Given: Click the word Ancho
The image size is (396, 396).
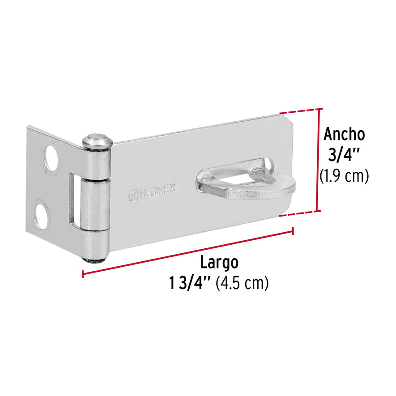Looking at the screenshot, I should [344, 134].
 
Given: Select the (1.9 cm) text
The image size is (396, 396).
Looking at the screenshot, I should [344, 176].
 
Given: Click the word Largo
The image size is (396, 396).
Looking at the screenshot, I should [219, 262].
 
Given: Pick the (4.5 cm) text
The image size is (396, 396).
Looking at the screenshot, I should [242, 283].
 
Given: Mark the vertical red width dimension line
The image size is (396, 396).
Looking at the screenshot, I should [319, 160].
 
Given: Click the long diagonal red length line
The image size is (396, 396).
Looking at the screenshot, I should [188, 252].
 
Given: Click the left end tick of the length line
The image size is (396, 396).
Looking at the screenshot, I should [83, 273].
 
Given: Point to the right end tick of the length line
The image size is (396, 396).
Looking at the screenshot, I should [293, 231].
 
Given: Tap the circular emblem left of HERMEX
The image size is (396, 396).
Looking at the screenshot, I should [133, 196].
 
